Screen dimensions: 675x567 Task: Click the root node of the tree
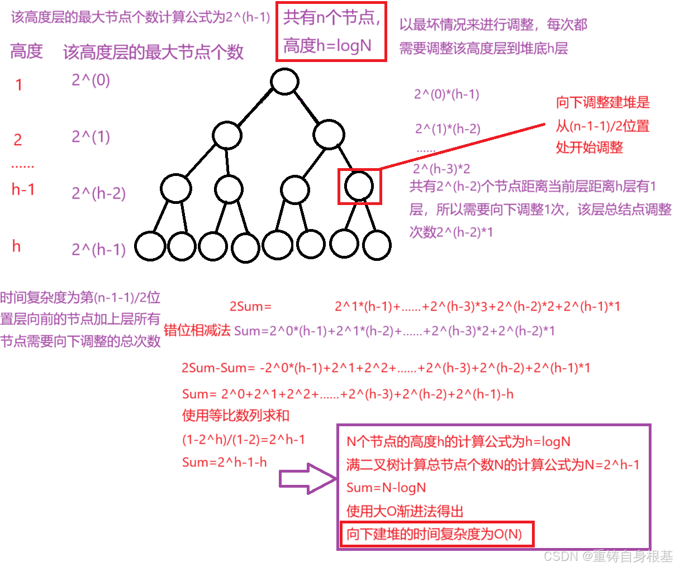[x=284, y=81]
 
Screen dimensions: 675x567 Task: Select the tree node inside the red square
[x=359, y=186]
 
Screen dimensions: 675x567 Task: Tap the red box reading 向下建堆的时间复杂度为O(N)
[x=437, y=535]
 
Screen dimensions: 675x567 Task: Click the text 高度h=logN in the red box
[x=327, y=46]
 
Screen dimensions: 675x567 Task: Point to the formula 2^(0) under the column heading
[x=91, y=80]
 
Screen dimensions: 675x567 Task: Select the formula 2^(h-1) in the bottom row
[x=98, y=250]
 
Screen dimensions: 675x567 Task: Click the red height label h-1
[x=23, y=190]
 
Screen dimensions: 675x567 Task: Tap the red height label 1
[x=19, y=85]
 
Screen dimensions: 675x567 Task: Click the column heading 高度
[x=26, y=51]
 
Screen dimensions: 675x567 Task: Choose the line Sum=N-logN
[x=386, y=488]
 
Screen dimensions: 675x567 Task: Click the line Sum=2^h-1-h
[x=225, y=463]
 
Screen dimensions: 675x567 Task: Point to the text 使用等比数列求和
[x=236, y=416]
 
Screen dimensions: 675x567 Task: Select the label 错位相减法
[x=197, y=330]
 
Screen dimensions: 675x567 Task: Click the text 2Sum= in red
[x=250, y=307]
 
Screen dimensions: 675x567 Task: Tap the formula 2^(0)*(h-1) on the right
[x=446, y=94]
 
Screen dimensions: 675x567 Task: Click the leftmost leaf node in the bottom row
[x=150, y=246]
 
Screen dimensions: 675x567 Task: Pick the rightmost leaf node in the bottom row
[x=377, y=245]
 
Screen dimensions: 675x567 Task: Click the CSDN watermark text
[x=608, y=556]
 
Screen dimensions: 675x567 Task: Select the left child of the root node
[x=227, y=135]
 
